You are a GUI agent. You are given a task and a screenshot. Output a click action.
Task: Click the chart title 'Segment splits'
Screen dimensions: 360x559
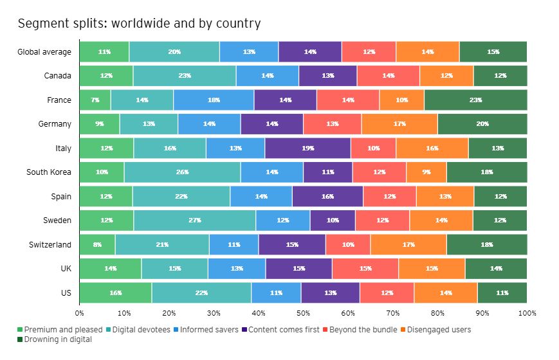coord(139,24)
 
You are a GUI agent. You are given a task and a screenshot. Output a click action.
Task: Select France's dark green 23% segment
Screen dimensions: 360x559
coord(475,100)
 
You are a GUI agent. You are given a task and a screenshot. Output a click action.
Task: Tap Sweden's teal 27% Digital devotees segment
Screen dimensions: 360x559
coord(195,220)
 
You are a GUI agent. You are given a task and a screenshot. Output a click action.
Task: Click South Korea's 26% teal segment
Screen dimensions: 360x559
coord(182,172)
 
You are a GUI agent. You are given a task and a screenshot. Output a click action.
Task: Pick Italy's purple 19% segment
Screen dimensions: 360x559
coord(307,148)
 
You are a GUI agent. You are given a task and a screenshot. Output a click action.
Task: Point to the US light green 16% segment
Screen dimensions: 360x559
coord(116,292)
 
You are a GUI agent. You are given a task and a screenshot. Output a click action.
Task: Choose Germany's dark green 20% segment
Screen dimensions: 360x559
coord(482,124)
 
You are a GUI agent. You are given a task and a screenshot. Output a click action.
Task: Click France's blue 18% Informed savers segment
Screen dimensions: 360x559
coord(214,100)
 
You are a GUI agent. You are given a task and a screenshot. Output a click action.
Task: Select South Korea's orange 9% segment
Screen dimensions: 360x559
coord(426,172)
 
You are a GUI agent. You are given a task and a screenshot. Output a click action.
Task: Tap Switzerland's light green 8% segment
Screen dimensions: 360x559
coord(97,244)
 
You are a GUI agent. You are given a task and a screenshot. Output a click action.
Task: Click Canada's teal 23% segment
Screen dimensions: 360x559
coord(185,76)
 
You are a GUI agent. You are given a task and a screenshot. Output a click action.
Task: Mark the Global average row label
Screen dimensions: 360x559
coord(44,51)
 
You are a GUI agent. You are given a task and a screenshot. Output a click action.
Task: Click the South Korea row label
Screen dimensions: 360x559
coord(49,172)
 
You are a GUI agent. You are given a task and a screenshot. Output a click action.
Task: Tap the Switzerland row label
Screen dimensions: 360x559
coord(50,244)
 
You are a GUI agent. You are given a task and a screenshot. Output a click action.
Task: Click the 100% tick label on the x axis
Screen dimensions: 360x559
coord(527,313)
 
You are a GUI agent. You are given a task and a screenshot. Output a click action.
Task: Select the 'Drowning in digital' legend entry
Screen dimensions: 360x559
coord(58,339)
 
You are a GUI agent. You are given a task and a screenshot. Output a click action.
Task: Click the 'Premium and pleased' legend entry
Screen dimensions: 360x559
coord(63,330)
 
